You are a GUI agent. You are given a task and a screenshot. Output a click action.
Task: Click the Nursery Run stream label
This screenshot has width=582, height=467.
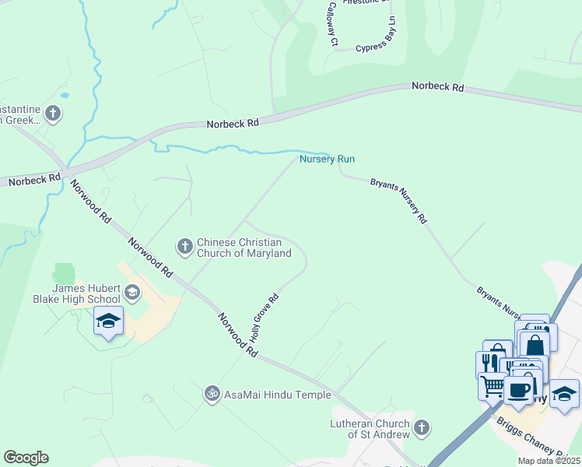328,159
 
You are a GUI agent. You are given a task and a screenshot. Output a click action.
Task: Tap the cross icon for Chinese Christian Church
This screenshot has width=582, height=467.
184,247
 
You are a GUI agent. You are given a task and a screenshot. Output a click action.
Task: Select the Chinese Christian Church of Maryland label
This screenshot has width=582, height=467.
244,248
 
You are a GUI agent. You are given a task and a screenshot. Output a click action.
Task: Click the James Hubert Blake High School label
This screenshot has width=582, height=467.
76,293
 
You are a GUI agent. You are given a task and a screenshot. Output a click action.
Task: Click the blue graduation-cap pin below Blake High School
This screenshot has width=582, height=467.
108,320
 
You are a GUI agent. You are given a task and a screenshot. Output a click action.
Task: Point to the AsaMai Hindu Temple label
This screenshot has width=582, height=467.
278,395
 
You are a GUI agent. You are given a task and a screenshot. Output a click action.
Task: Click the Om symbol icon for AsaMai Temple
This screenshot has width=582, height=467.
212,395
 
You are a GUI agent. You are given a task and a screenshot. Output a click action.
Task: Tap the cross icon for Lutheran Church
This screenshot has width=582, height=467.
421,427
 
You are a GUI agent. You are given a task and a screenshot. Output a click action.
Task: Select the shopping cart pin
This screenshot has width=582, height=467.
492,384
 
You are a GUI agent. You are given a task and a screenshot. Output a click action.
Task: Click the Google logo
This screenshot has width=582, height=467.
26,458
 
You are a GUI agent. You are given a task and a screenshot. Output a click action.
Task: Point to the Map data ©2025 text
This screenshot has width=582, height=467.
549,461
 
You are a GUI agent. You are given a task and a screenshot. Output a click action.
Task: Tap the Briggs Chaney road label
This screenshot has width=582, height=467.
536,438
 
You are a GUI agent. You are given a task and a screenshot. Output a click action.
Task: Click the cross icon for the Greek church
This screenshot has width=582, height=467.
53,114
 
